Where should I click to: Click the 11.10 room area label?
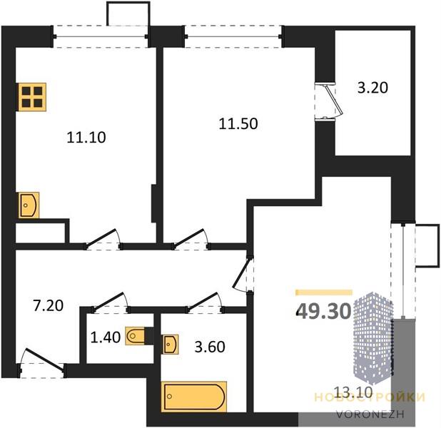click(86, 138)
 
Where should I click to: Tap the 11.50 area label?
click(238, 123)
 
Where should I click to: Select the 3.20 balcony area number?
click(372, 88)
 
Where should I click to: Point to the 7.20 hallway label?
click(48, 306)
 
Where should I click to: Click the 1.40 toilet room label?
click(106, 337)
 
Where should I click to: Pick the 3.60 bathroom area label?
click(210, 347)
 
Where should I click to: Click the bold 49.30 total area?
click(324, 312)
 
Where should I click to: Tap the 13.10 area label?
click(353, 391)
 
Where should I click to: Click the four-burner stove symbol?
click(32, 97)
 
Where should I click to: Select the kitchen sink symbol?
click(29, 205)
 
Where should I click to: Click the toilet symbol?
click(136, 335)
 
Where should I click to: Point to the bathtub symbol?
click(194, 397)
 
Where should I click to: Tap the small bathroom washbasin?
click(170, 344)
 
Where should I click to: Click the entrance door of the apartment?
click(42, 363)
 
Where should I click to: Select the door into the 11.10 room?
click(103, 240)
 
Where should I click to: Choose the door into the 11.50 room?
click(191, 240)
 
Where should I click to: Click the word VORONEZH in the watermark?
click(370, 414)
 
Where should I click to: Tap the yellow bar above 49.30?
click(324, 292)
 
